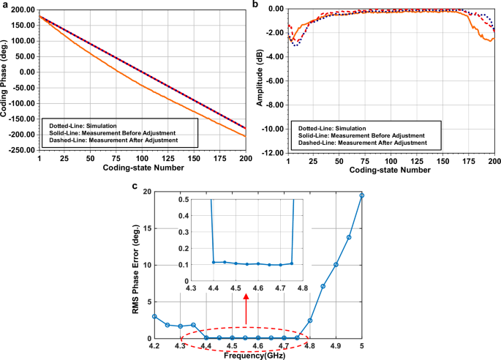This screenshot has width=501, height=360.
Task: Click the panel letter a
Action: coord(6,5)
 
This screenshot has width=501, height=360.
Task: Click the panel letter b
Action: coord(255,5)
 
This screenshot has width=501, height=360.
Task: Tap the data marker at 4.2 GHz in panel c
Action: coord(154,317)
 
